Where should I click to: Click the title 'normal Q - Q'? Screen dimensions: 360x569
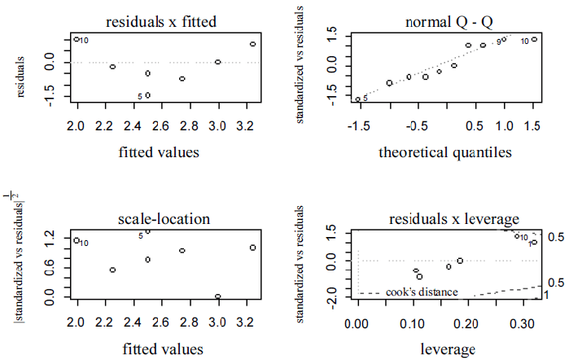[445, 22]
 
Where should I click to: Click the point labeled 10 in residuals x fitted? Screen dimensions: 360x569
[77, 39]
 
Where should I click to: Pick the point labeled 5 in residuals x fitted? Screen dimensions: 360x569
[147, 95]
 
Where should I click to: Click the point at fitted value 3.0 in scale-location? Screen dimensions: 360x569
[218, 296]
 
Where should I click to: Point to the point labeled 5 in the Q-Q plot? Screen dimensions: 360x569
[358, 99]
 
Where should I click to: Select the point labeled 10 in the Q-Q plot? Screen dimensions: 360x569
[534, 39]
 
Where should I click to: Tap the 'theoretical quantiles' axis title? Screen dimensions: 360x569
[444, 151]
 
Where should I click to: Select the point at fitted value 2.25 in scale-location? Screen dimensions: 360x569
[112, 270]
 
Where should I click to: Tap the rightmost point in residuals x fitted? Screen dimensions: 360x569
[253, 44]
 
